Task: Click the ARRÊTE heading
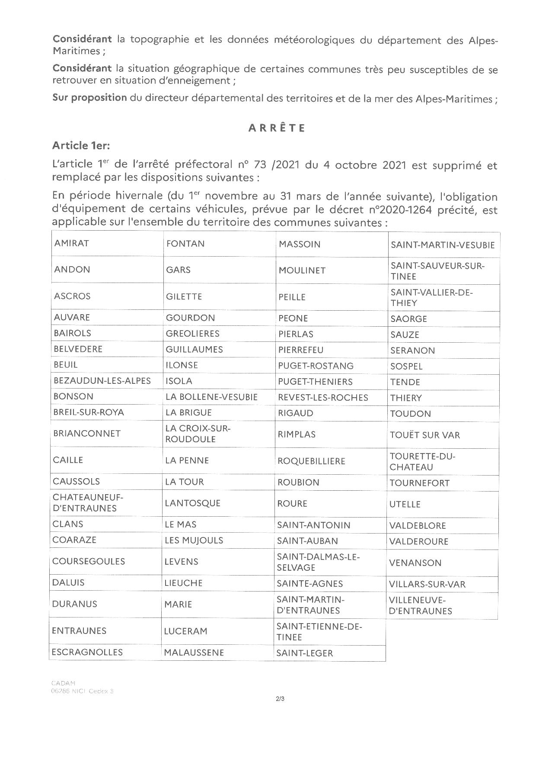pos(277,128)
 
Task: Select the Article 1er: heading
pos(81,146)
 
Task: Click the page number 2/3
pos(280,698)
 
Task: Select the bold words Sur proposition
pos(89,98)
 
